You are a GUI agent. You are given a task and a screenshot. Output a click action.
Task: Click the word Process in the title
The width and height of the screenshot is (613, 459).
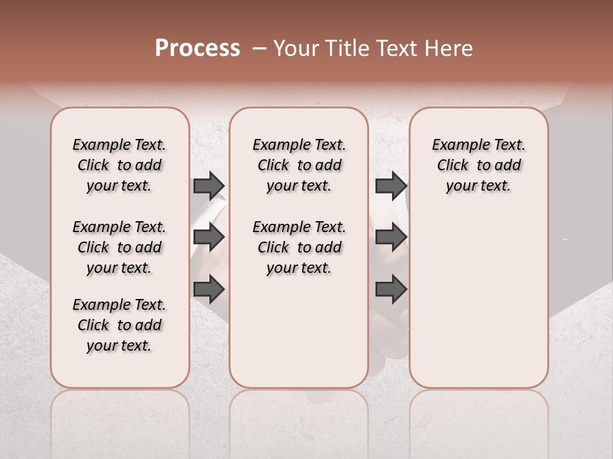click(197, 48)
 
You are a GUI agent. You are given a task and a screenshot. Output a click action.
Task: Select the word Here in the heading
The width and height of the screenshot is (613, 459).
click(450, 48)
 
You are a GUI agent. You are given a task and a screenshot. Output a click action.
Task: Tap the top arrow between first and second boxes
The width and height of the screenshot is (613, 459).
click(209, 186)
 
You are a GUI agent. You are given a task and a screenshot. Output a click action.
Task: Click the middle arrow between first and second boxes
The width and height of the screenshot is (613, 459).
click(209, 238)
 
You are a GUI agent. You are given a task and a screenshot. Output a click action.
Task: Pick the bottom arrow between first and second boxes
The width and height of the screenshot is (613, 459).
click(209, 290)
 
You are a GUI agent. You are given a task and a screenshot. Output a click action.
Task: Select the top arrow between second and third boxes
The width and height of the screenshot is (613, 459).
click(391, 186)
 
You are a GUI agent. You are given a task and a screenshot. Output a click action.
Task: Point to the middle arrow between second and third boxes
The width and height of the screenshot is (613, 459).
click(391, 238)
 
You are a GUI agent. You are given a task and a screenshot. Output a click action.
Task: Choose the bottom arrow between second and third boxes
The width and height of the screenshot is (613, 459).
click(391, 290)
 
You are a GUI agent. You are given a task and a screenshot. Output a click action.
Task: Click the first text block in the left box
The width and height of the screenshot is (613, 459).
click(119, 165)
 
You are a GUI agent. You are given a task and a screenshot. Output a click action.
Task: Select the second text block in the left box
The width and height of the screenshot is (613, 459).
click(119, 247)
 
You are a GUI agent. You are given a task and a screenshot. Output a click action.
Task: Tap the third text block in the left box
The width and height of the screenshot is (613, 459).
click(119, 325)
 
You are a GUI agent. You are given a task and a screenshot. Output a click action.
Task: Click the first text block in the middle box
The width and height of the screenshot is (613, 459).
click(299, 165)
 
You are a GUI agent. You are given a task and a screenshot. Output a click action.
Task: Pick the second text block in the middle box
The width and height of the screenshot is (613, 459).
click(299, 247)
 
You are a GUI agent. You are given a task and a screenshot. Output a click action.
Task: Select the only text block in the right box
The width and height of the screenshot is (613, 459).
click(478, 165)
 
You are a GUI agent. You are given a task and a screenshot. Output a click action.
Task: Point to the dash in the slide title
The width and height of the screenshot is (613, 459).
click(259, 48)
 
